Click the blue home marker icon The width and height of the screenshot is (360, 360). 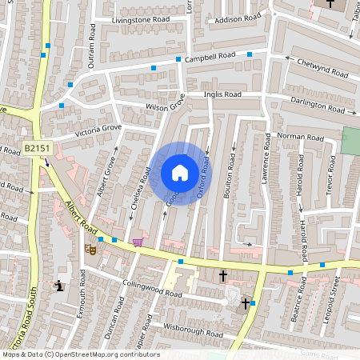[x=180, y=173]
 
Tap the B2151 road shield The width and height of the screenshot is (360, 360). [x=34, y=148]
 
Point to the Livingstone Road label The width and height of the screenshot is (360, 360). [x=141, y=18]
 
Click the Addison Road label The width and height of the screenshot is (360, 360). [x=238, y=17]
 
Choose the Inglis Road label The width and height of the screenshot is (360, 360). [x=222, y=94]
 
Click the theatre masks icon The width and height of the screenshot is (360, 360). [x=90, y=250]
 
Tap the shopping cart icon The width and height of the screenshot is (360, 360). [x=138, y=242]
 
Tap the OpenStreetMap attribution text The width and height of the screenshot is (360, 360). [x=81, y=354]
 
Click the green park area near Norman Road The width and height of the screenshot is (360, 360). [x=350, y=141]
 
